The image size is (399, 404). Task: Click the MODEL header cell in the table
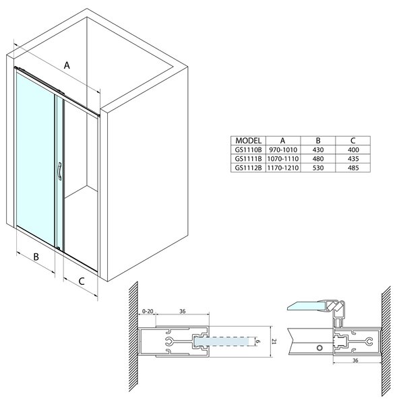pyautogui.click(x=248, y=141)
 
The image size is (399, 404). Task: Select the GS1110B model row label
pyautogui.click(x=248, y=149)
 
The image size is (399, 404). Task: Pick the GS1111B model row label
pyautogui.click(x=248, y=159)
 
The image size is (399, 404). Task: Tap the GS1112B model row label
pyautogui.click(x=248, y=168)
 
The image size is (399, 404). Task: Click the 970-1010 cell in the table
pyautogui.click(x=283, y=149)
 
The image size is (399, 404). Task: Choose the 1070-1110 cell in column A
pyautogui.click(x=283, y=159)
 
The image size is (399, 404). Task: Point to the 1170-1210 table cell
pyautogui.click(x=283, y=168)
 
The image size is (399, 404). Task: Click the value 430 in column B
pyautogui.click(x=318, y=149)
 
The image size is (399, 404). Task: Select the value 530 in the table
pyautogui.click(x=318, y=168)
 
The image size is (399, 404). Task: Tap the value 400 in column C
pyautogui.click(x=353, y=149)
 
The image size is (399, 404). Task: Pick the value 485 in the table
pyautogui.click(x=353, y=168)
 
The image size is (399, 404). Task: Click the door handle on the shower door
pyautogui.click(x=59, y=171)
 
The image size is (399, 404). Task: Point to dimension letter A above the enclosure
pyautogui.click(x=67, y=65)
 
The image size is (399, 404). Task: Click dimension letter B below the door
pyautogui.click(x=36, y=257)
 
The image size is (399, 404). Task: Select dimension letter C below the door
pyautogui.click(x=82, y=281)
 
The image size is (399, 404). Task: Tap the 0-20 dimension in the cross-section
pyautogui.click(x=148, y=311)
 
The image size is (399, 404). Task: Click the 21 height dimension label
pyautogui.click(x=274, y=341)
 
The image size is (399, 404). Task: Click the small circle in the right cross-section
pyautogui.click(x=319, y=348)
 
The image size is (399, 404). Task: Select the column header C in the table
pyautogui.click(x=353, y=141)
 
